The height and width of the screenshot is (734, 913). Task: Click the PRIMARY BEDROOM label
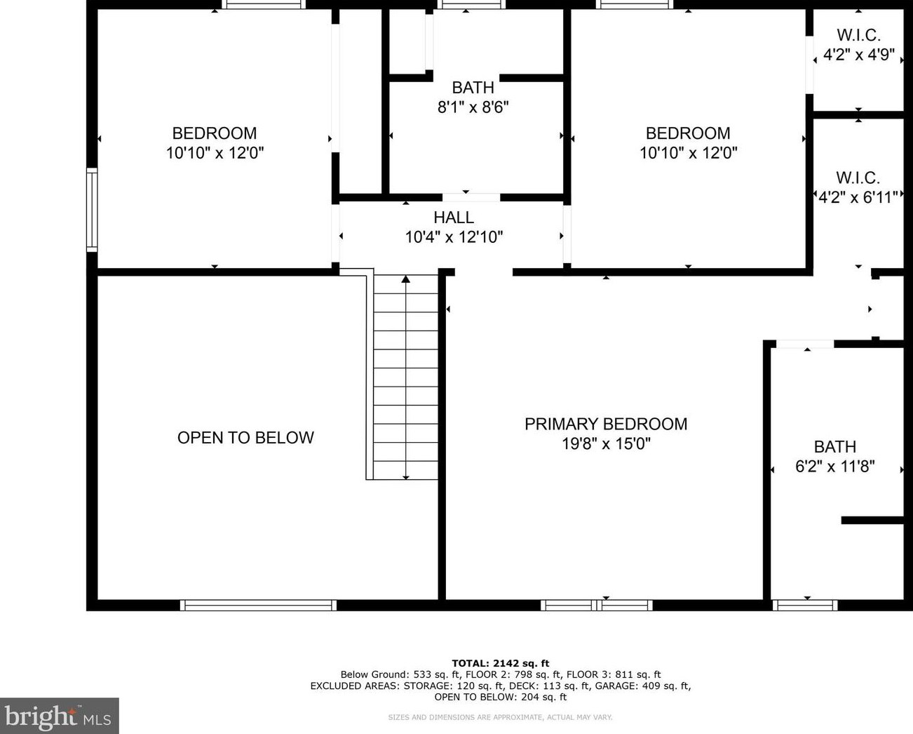pos(606,424)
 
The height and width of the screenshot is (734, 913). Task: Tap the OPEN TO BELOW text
pos(245,438)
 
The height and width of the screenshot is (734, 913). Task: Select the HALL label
pos(454,218)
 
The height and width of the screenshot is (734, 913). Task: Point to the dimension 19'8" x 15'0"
pos(606,443)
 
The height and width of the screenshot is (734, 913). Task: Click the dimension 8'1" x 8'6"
pos(473,107)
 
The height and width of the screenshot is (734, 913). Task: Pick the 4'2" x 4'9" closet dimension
pos(858,55)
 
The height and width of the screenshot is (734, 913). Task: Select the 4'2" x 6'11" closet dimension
pos(858,197)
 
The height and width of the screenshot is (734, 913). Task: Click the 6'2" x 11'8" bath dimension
pos(834,466)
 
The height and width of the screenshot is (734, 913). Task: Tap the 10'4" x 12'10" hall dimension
pos(454,237)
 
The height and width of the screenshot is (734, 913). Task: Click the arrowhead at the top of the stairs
pos(405,279)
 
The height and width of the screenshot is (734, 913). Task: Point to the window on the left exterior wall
pos(92,209)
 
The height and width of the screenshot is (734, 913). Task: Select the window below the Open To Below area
pos(258,605)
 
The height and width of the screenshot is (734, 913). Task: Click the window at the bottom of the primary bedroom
pos(597,605)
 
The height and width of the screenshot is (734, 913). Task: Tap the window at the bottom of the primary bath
pos(804,605)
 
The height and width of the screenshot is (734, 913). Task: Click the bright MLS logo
pos(59,716)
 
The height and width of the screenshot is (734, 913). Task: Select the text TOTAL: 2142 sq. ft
pos(500,663)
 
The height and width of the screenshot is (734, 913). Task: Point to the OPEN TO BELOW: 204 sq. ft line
pos(500,697)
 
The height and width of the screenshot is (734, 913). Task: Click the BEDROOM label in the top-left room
pos(215,133)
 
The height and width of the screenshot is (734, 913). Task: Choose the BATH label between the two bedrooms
pos(473,88)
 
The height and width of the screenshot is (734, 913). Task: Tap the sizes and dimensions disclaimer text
pos(500,717)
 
